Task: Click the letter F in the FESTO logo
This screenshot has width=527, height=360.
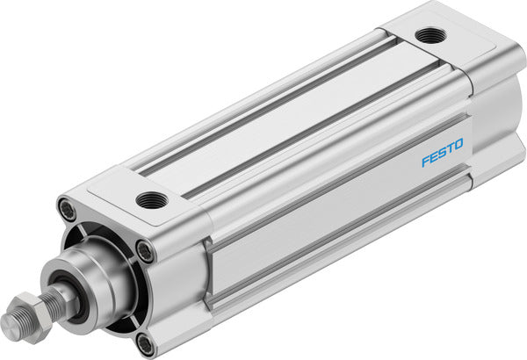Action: [x=424, y=162]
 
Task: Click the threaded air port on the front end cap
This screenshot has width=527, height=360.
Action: [x=151, y=200]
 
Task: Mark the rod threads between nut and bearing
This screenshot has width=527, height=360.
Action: [x=53, y=300]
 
